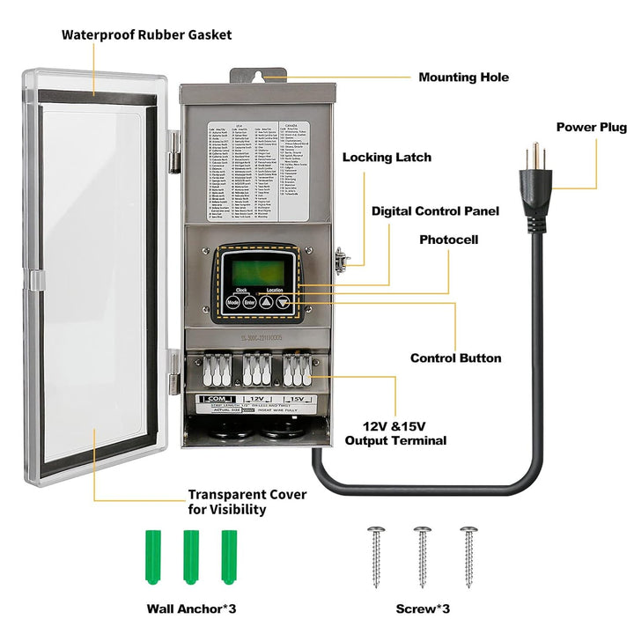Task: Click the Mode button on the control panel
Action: [232, 301]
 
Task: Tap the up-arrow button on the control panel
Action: [265, 301]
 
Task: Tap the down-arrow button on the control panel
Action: [283, 301]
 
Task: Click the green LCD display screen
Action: [256, 271]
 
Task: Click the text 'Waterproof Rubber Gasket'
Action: [146, 35]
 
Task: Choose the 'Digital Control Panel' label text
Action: [435, 211]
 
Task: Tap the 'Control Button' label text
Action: [455, 358]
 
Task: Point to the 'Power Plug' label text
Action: [591, 128]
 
